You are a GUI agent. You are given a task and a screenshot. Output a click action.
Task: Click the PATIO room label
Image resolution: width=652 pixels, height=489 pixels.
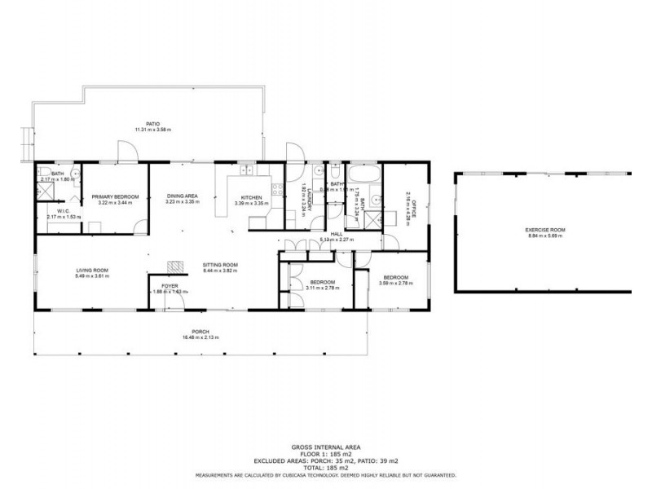point(152,123)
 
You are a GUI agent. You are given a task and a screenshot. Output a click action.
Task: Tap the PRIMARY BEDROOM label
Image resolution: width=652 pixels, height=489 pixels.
point(115,196)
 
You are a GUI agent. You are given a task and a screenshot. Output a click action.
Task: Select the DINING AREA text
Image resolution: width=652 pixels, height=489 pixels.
point(182,196)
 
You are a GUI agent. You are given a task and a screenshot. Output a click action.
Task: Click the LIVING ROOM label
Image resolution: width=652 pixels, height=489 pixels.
point(92,271)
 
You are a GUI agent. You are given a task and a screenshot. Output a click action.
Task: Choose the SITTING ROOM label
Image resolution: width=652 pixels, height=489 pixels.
point(220,265)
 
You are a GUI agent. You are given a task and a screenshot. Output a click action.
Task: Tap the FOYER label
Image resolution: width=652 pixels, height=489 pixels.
point(170,286)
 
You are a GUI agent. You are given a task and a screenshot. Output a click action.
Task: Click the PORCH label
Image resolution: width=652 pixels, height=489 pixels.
point(200,332)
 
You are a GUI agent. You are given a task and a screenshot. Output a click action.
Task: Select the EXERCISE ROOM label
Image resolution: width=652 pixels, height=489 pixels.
point(545,230)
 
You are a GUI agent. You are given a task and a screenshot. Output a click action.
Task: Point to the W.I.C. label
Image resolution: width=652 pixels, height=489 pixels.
point(57,211)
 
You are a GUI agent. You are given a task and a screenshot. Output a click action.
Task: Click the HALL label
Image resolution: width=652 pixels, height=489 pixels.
point(335,234)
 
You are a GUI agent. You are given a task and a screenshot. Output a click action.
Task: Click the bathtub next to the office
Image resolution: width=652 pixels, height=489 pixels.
point(364,173)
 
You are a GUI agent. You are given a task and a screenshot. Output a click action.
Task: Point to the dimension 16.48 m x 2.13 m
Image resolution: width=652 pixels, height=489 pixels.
point(200,337)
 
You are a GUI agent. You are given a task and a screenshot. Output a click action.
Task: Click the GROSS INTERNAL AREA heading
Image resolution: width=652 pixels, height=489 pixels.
point(325,447)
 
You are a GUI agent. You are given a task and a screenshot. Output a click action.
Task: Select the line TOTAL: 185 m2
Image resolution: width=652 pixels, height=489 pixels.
point(325,468)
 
